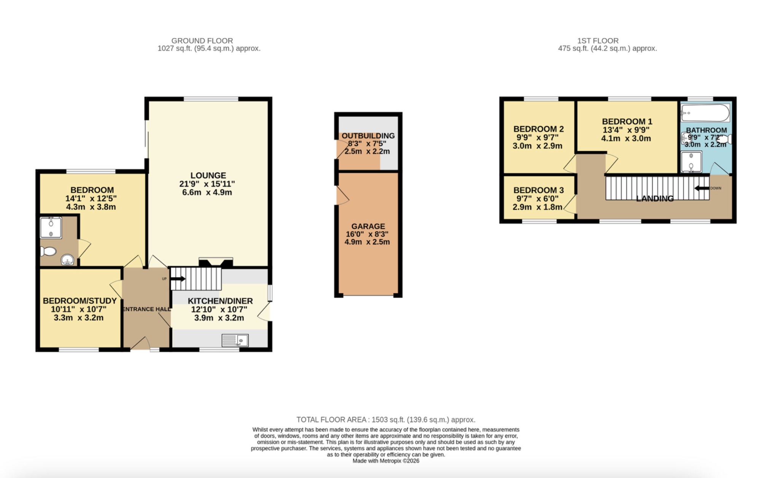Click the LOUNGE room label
pyautogui.click(x=208, y=175)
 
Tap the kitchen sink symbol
pyautogui.click(x=235, y=340)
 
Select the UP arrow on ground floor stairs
pyautogui.click(x=178, y=279)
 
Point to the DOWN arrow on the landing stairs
pyautogui.click(x=701, y=188)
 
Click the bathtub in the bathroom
pyautogui.click(x=705, y=113)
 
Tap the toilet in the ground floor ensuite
pyautogui.click(x=48, y=251)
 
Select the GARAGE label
pyautogui.click(x=368, y=226)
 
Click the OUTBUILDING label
pyautogui.click(x=368, y=136)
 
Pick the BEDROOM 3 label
pyautogui.click(x=538, y=190)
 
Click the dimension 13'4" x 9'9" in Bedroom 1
pyautogui.click(x=626, y=130)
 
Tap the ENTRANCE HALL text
pyautogui.click(x=147, y=309)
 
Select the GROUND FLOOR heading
pyautogui.click(x=202, y=40)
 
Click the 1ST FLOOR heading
pyautogui.click(x=598, y=40)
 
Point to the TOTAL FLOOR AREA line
pyautogui.click(x=386, y=419)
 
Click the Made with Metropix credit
pyautogui.click(x=386, y=461)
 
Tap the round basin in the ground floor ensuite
pyautogui.click(x=67, y=260)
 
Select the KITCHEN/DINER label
pyautogui.click(x=220, y=301)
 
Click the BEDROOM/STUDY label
pyautogui.click(x=79, y=301)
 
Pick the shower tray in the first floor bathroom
pyautogui.click(x=691, y=162)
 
